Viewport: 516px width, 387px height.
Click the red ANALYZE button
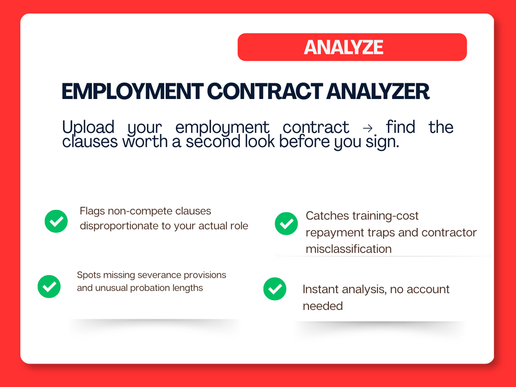(352, 47)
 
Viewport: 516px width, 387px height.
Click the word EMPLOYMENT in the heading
(132, 91)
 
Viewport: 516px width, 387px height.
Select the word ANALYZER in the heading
(378, 91)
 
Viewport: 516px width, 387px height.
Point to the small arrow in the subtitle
(368, 128)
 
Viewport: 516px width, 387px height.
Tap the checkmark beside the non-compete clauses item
(56, 221)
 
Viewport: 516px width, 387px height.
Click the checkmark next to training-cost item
(286, 224)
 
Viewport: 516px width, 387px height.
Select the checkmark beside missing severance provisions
(49, 286)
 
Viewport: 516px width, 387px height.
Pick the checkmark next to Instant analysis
(275, 289)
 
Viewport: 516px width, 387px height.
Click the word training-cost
(386, 216)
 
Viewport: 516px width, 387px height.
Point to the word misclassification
(349, 249)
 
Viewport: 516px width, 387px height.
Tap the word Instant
(321, 289)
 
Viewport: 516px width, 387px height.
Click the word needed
(323, 306)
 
